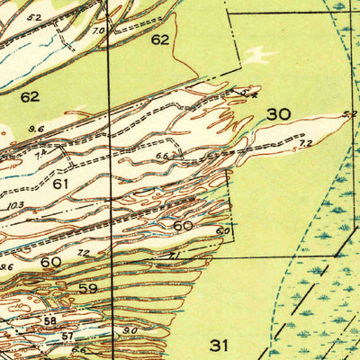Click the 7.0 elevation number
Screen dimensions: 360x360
coord(98,30)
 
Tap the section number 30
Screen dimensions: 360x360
coord(278,114)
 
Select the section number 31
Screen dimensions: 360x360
coord(219,344)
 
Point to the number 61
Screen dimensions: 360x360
coord(61,184)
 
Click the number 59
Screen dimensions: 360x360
coord(87,289)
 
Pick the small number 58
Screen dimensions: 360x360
coord(49,320)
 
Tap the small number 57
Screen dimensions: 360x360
coord(67,336)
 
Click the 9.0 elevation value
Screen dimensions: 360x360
coord(130,329)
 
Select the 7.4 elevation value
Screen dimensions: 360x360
coord(40,156)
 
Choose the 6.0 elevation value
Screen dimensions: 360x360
coord(222,231)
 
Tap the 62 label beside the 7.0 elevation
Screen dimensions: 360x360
coord(159,40)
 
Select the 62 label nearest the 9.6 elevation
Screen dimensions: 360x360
coord(30,95)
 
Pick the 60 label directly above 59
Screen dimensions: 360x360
coord(50,262)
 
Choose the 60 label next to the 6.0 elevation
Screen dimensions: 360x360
coord(183,225)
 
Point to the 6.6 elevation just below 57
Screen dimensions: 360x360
coord(79,351)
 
